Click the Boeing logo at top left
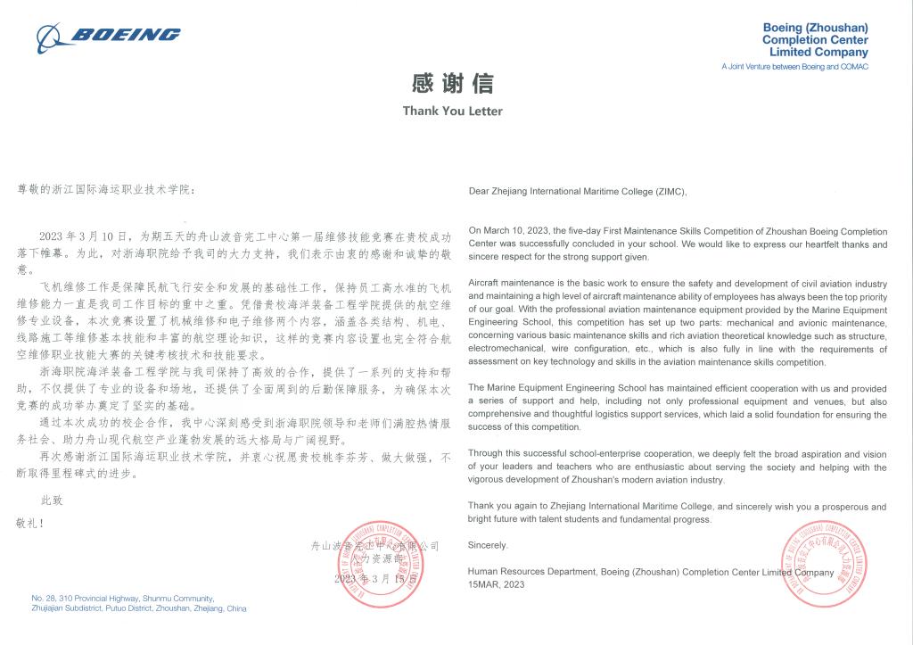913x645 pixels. (108, 36)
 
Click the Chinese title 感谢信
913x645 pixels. (452, 84)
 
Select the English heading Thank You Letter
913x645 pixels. (452, 112)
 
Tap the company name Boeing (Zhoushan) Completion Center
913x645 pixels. (815, 40)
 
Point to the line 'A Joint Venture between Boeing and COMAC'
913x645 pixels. (794, 67)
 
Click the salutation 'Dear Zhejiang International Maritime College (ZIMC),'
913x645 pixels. (578, 191)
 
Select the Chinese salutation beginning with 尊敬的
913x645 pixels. (103, 190)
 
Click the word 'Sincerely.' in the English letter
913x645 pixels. (488, 544)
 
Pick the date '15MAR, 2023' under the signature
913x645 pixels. (497, 584)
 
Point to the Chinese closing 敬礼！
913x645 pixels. (31, 520)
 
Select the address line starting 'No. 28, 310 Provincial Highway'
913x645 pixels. (122, 598)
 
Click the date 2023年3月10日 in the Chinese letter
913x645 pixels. (88, 236)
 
